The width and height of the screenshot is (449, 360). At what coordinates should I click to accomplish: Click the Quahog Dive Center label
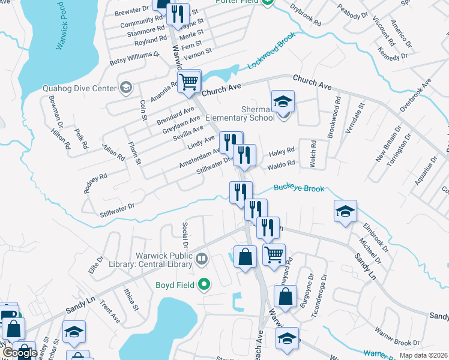point(79,89)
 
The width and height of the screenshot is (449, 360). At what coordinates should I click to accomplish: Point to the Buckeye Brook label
point(299,188)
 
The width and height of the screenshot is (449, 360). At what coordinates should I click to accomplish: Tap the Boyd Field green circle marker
point(205,284)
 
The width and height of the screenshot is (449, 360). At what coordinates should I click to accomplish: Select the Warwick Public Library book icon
point(202,259)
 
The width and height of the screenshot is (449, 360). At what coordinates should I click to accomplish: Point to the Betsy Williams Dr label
point(134,58)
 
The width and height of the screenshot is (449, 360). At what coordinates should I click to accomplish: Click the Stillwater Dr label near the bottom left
point(117,209)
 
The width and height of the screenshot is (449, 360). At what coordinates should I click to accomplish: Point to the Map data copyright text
point(423,355)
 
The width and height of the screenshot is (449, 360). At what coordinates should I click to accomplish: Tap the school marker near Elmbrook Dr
point(345,212)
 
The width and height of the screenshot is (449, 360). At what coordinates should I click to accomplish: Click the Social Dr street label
point(185,235)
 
